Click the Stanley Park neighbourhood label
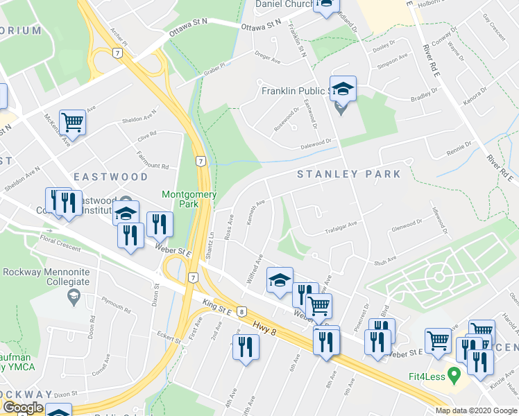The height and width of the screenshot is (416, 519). (x=349, y=174)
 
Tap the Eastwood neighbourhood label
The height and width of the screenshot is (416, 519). (x=110, y=177)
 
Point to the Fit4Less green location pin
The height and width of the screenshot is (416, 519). (x=454, y=375)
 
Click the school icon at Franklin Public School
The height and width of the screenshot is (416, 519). (x=343, y=88)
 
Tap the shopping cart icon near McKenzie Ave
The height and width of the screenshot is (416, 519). (x=72, y=123)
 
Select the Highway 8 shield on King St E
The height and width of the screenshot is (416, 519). (x=241, y=311)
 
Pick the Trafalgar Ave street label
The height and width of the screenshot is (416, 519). (x=341, y=224)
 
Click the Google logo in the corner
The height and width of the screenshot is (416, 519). (x=22, y=408)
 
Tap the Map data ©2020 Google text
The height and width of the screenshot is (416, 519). (x=475, y=410)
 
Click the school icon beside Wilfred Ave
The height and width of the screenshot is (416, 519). (x=280, y=279)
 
